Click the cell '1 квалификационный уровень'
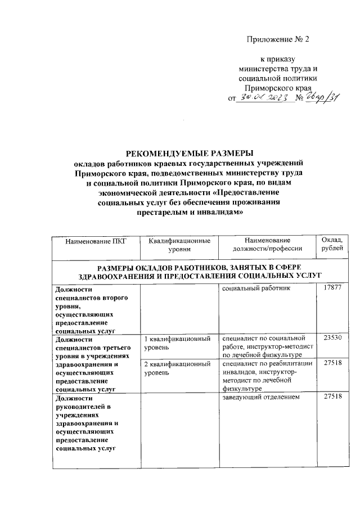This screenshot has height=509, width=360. pos(177,344)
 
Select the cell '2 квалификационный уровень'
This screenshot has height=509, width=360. pos(177,369)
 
